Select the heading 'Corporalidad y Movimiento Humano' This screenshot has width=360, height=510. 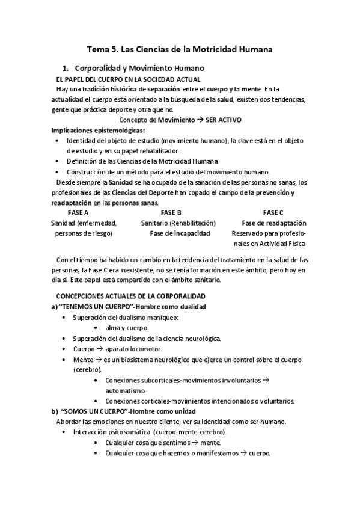142,68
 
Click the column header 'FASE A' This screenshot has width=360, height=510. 78,213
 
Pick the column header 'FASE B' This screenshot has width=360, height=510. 171,213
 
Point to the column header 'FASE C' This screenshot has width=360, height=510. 273,213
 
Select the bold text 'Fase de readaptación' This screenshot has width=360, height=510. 273,223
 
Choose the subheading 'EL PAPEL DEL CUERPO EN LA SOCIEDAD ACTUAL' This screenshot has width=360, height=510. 128,79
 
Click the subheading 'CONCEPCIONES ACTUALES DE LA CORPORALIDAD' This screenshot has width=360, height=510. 130,296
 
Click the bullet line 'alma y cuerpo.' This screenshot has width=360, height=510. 126,328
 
